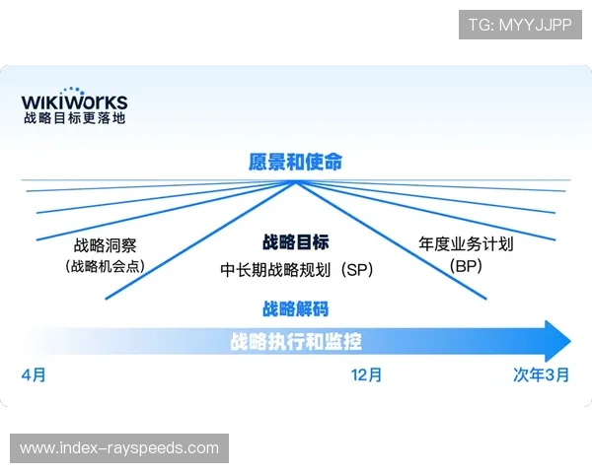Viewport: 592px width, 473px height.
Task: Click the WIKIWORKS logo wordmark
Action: pyautogui.click(x=75, y=102)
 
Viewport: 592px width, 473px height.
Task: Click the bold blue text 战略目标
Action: pyautogui.click(x=295, y=242)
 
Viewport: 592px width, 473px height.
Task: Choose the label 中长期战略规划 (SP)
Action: pyautogui.click(x=296, y=267)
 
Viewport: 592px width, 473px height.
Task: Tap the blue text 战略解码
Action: pyautogui.click(x=295, y=308)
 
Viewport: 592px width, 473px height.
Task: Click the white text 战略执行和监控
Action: pyautogui.click(x=295, y=342)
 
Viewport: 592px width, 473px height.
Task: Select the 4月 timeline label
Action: pyautogui.click(x=34, y=375)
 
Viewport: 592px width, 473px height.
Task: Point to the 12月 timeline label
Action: pyautogui.click(x=366, y=375)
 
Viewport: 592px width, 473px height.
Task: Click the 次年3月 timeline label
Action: pyautogui.click(x=541, y=375)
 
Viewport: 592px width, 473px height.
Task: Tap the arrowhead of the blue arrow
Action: pyautogui.click(x=557, y=341)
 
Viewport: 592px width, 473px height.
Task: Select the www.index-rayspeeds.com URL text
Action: pyautogui.click(x=118, y=448)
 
